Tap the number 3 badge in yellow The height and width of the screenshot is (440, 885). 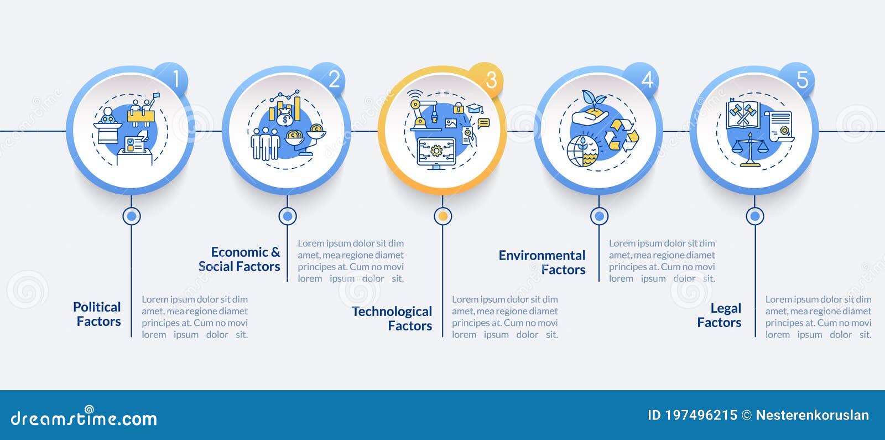(487, 79)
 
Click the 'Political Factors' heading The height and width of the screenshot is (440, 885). (97, 314)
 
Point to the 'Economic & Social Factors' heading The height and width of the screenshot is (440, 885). (240, 260)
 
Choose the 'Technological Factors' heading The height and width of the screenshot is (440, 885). (392, 319)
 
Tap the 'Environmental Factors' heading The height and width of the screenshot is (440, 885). (542, 262)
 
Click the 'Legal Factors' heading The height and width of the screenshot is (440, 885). (719, 315)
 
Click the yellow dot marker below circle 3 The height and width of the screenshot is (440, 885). (443, 216)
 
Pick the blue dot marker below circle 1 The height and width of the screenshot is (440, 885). (132, 216)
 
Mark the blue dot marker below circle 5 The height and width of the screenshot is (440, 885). (754, 216)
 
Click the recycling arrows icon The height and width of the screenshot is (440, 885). (621, 135)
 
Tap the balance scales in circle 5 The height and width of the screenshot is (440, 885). (750, 150)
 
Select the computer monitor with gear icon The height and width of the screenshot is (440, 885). (436, 153)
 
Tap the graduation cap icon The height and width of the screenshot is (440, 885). (475, 108)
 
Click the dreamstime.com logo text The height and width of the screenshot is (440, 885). (84, 417)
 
